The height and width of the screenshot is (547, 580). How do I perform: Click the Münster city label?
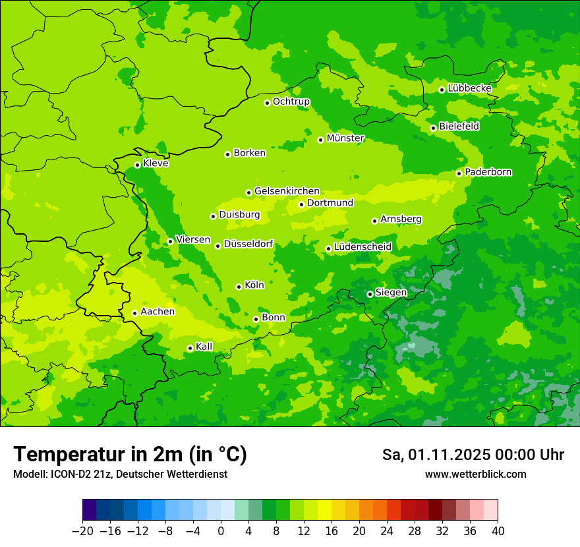345,138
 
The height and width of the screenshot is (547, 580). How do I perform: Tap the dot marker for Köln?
239,287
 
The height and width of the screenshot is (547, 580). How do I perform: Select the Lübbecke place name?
469,88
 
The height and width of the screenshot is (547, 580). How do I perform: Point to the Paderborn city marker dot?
459,173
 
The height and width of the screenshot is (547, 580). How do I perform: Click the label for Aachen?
158,312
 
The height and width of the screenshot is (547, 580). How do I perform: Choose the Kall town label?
204,347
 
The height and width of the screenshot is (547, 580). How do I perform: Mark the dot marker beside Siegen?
370,294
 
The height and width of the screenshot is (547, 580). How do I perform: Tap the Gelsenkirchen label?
287,191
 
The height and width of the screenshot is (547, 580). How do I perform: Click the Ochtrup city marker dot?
267,103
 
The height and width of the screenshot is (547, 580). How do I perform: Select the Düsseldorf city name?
248,245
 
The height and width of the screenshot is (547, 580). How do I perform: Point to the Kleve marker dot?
137,165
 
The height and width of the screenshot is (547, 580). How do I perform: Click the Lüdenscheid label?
362,247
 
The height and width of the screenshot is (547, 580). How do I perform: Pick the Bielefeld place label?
459,127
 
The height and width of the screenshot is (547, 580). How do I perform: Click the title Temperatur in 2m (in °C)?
130,454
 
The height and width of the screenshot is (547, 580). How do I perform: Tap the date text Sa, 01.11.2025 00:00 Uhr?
473,455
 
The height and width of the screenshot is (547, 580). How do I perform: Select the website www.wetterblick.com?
475,475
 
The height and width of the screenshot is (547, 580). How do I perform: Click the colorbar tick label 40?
498,531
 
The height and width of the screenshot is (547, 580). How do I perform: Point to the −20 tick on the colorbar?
82,531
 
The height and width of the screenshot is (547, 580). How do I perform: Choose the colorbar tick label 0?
221,531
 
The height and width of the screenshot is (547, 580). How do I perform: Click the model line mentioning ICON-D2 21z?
120,475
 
